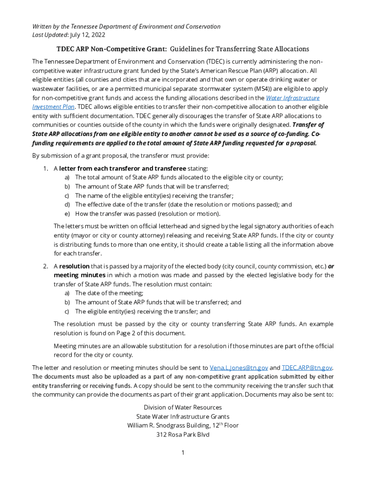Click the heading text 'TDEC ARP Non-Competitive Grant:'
coord(112,49)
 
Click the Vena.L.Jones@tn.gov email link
coord(239,368)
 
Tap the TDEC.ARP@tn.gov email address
coord(307,368)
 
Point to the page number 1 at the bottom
coord(183,452)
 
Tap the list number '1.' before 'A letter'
coord(46,168)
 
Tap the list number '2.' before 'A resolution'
coord(46,266)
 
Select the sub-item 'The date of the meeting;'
coord(109,293)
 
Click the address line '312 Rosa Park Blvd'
coord(183,434)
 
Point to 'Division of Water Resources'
coord(183,407)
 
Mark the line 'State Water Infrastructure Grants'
coord(183,416)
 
